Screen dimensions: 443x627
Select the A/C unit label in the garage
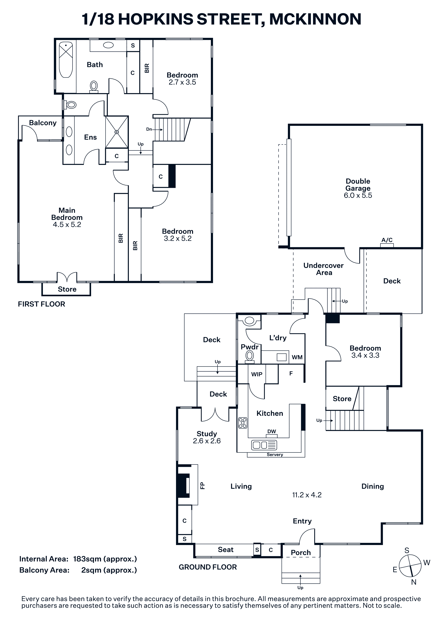[387, 240]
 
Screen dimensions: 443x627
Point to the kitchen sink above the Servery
[264, 445]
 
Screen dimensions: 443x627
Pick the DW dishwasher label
[272, 431]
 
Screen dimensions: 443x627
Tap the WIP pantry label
[257, 374]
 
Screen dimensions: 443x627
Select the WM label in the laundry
[297, 357]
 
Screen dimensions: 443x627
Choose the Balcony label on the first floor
[43, 123]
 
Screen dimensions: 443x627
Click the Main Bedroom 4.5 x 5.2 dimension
[67, 224]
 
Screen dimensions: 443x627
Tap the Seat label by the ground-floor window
[226, 549]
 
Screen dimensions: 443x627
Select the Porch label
[301, 552]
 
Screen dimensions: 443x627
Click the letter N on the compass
[414, 582]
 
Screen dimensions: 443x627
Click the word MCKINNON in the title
[315, 19]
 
